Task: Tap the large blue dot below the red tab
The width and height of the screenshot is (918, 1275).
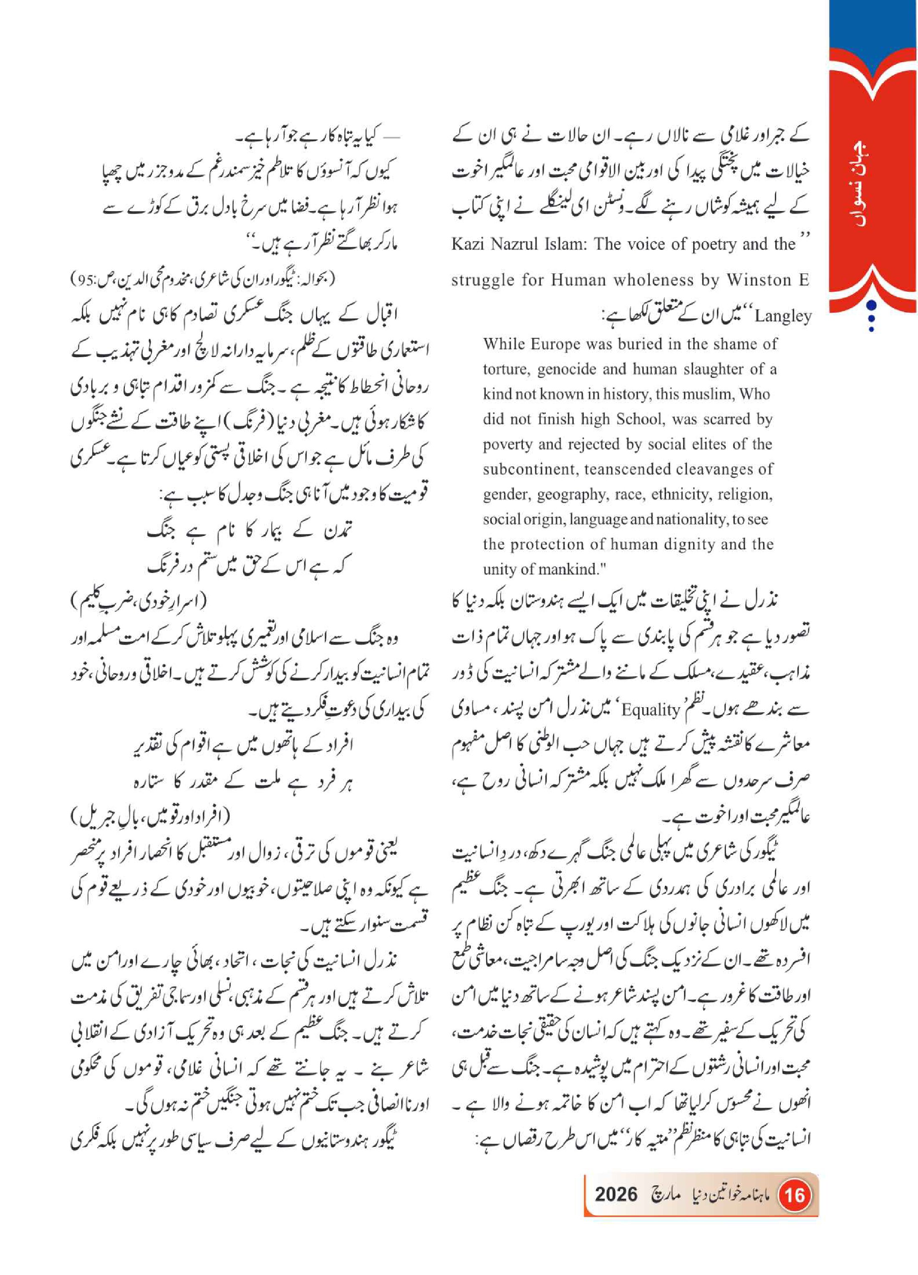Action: tap(871, 305)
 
